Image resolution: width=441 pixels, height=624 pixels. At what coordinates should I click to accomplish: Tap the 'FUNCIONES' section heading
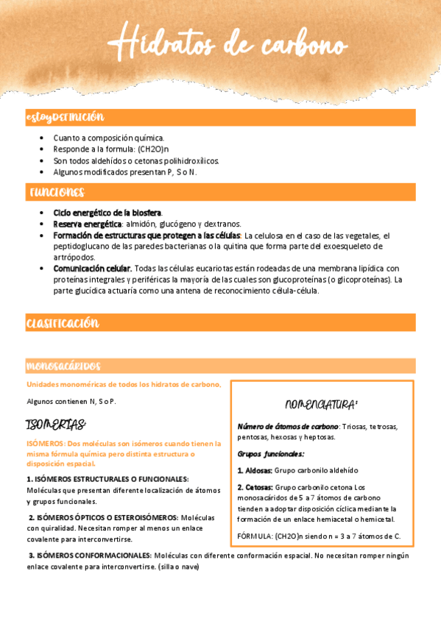pyautogui.click(x=57, y=193)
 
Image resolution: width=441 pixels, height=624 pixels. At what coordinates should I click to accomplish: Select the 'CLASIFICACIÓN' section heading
pyautogui.click(x=63, y=323)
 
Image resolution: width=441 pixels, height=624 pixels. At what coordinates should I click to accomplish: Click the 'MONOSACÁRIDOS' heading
pyautogui.click(x=63, y=366)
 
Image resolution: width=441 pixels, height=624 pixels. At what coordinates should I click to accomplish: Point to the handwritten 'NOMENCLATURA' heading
pyautogui.click(x=321, y=404)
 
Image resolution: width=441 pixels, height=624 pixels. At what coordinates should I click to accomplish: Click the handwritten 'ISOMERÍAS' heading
pyautogui.click(x=56, y=425)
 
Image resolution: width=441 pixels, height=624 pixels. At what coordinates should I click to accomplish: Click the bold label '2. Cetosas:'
pyautogui.click(x=255, y=487)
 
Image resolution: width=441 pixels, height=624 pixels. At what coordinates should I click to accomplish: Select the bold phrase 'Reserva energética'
pyautogui.click(x=88, y=224)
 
